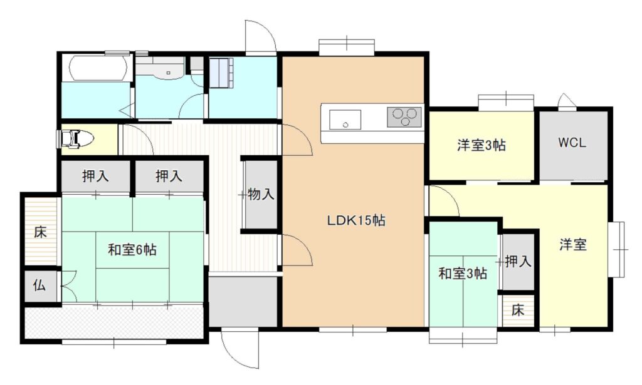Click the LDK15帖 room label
pyautogui.click(x=356, y=221)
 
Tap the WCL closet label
pyautogui.click(x=572, y=143)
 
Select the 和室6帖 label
pyautogui.click(x=132, y=249)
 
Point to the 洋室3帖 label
pyautogui.click(x=481, y=145)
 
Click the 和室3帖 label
pyautogui.click(x=463, y=274)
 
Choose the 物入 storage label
pyautogui.click(x=261, y=194)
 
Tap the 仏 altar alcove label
pyautogui.click(x=39, y=285)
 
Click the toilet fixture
pyautogui.click(x=75, y=139)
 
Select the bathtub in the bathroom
pyautogui.click(x=97, y=68)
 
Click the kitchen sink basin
pyautogui.click(x=345, y=120)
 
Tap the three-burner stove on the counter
pyautogui.click(x=404, y=116)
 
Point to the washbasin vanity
pyautogui.click(x=160, y=68)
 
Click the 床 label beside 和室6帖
pyautogui.click(x=40, y=232)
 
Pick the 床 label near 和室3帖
pyautogui.click(x=517, y=310)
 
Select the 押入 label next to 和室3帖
pyautogui.click(x=518, y=261)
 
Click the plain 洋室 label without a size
pyautogui.click(x=573, y=245)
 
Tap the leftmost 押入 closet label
pyautogui.click(x=95, y=176)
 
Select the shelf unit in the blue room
pyautogui.click(x=221, y=73)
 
